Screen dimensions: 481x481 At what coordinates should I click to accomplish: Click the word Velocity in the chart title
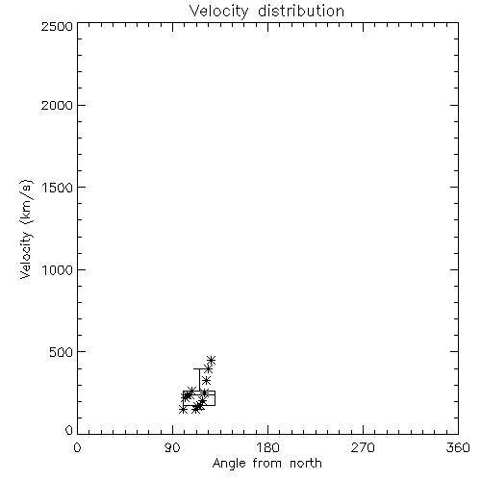pos(219,12)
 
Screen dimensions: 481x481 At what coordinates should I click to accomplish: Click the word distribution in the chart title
pos(301,11)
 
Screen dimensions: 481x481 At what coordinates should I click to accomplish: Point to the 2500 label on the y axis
pos(57,26)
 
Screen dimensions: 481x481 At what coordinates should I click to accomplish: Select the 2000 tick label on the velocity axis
pos(57,105)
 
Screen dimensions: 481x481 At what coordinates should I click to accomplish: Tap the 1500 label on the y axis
pos(58,188)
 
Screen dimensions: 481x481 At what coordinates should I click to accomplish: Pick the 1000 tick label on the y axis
pos(58,269)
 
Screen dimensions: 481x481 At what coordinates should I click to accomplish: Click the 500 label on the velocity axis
pos(62,352)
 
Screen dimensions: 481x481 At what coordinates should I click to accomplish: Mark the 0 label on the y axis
pos(69,430)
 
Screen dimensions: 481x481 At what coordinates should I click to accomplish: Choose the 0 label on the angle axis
pos(77,447)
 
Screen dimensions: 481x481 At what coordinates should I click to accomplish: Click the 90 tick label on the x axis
pos(172,447)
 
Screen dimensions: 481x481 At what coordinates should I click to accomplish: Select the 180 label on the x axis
pos(267,447)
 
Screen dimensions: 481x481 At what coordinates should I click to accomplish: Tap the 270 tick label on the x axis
pos(363,447)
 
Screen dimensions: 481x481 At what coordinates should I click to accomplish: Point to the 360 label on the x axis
pos(458,447)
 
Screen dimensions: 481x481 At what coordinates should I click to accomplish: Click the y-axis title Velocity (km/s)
pos(26,229)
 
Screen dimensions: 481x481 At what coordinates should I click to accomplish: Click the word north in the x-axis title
pos(306,464)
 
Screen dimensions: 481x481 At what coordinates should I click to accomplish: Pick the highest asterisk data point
pos(212,361)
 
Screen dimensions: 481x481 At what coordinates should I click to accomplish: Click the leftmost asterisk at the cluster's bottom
pos(183,410)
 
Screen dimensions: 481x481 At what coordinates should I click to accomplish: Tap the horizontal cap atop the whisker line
pos(199,368)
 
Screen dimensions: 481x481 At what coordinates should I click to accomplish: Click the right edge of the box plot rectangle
pos(215,398)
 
